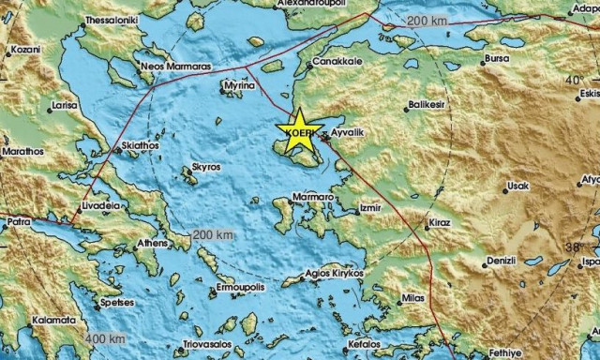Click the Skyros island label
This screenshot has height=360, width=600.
(x=205, y=166)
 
